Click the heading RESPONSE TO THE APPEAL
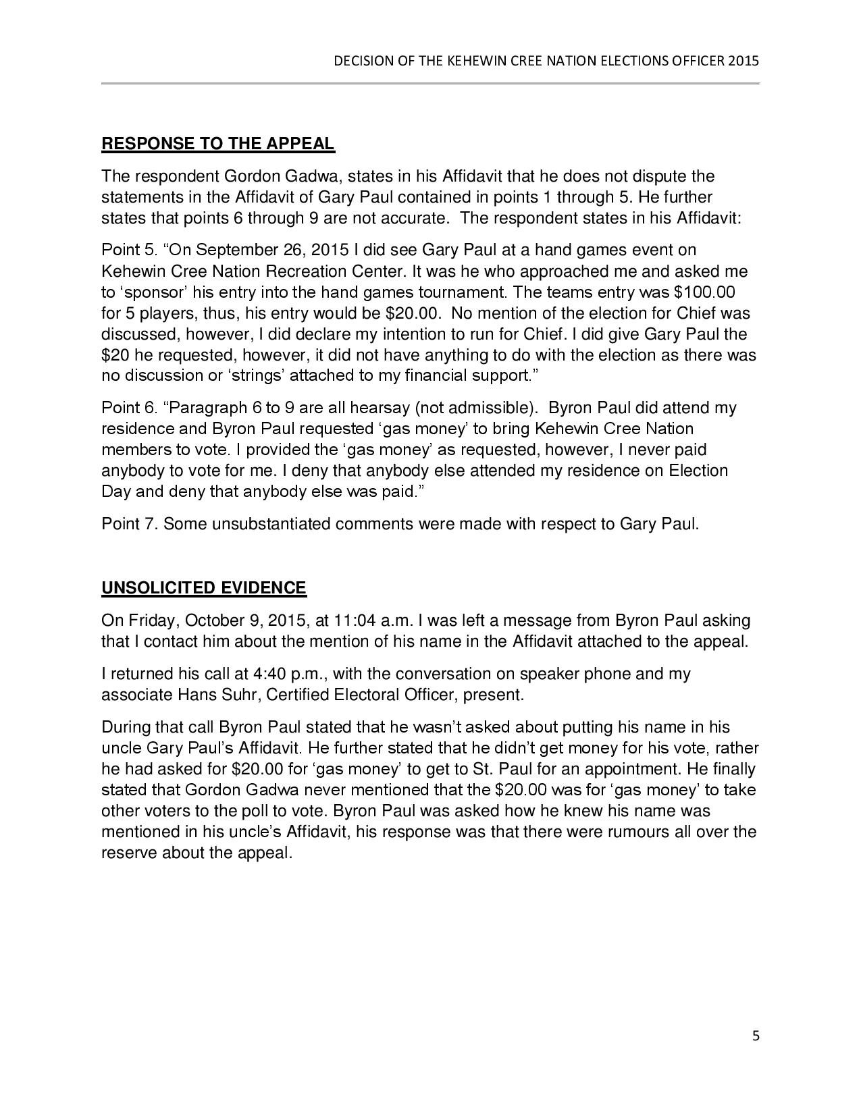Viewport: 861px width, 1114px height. pyautogui.click(x=217, y=144)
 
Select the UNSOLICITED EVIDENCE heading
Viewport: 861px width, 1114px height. pyautogui.click(x=204, y=588)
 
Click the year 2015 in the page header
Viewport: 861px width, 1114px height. pyautogui.click(x=744, y=61)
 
